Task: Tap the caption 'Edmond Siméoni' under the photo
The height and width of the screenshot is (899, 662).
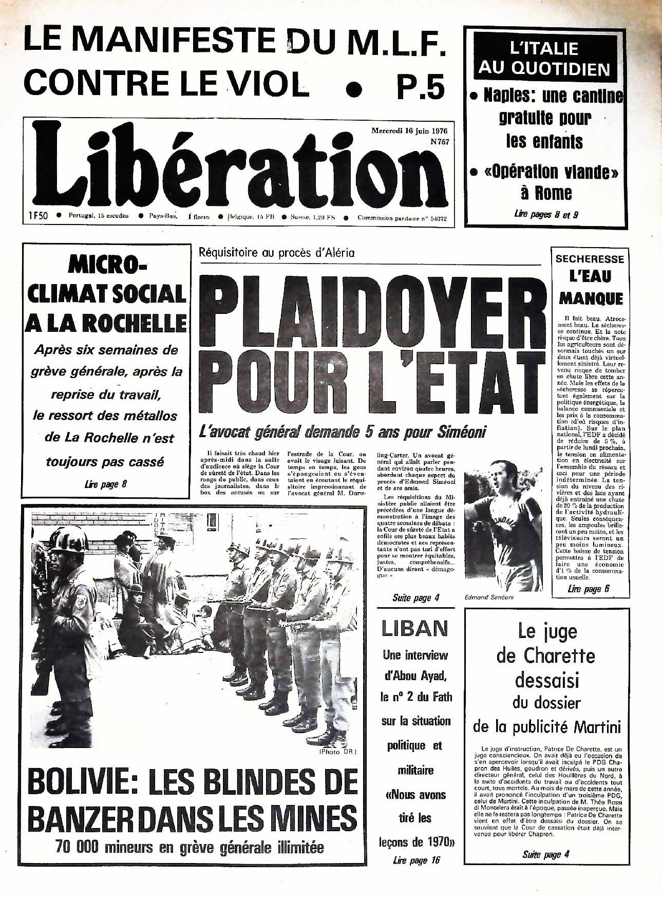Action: (x=488, y=598)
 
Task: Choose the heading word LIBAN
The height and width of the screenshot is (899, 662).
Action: (x=414, y=629)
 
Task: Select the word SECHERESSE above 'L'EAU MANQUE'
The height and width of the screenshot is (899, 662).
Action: (x=590, y=259)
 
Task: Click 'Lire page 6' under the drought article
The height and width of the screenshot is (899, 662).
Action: (x=588, y=589)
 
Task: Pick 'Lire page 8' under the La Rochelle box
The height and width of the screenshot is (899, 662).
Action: (x=105, y=484)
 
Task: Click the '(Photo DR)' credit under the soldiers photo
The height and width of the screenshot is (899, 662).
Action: (x=337, y=752)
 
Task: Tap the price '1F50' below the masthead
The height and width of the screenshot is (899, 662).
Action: (x=36, y=216)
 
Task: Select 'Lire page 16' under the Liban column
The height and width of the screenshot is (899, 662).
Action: (x=416, y=860)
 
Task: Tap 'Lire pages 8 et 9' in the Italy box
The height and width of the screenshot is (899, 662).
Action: (x=545, y=215)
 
